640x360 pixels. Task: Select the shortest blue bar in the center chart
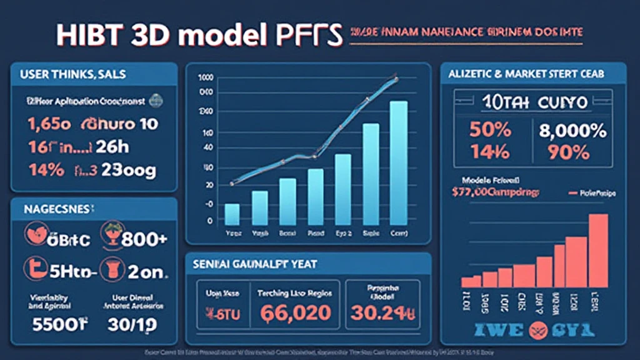[x=232, y=214]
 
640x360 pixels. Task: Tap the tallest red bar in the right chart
[x=598, y=250]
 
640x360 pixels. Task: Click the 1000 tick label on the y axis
[x=205, y=78]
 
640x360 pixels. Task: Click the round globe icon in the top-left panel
[x=156, y=99]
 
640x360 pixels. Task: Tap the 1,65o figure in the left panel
[x=47, y=123]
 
